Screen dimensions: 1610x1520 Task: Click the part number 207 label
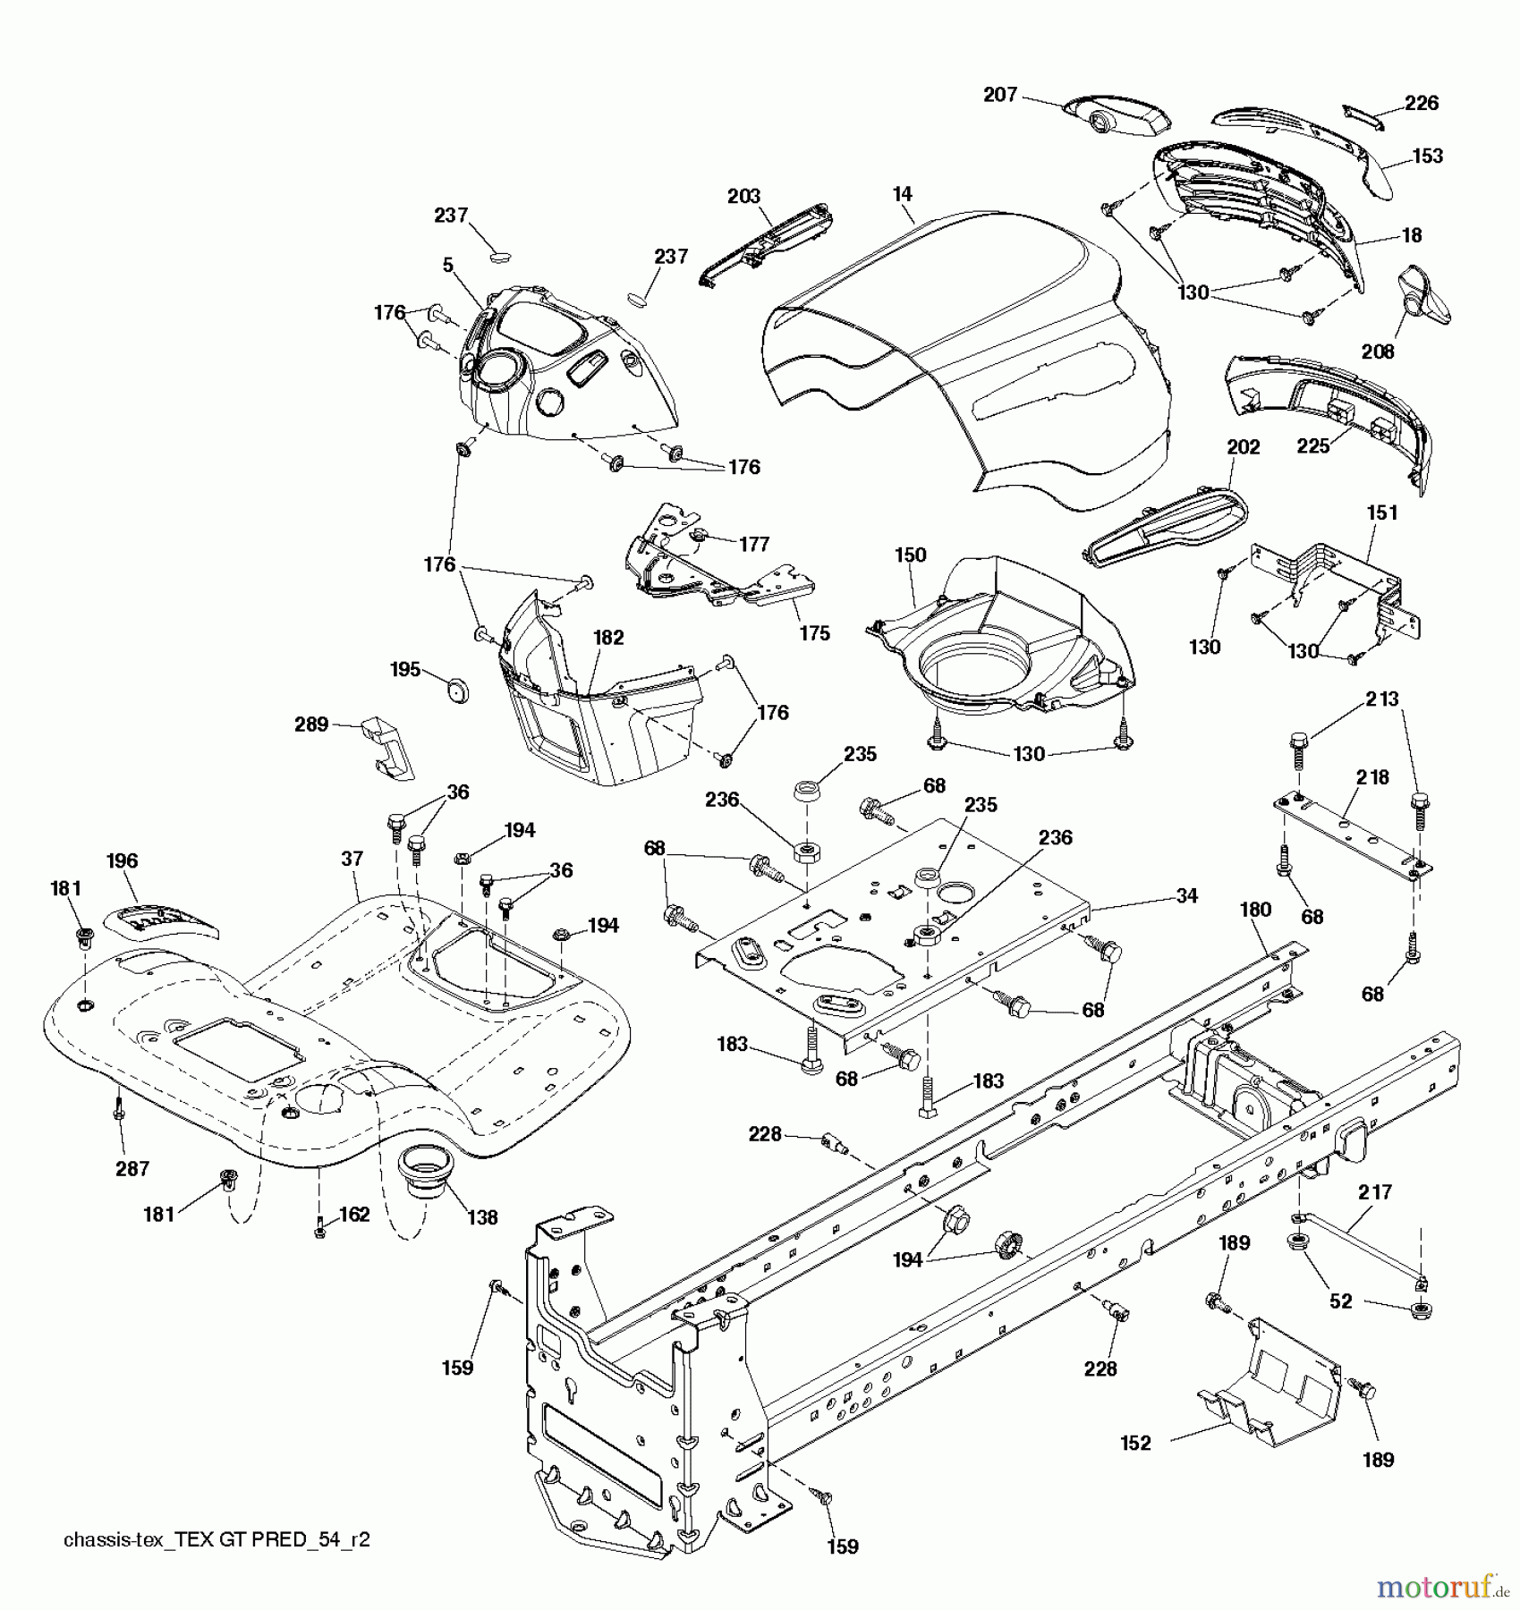point(1000,94)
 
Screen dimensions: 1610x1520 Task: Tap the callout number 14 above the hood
point(902,194)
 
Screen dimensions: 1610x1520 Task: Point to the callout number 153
point(1427,156)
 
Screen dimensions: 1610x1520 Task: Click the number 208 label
point(1378,352)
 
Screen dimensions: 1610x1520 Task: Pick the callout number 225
point(1313,445)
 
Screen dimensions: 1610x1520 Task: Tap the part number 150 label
point(910,555)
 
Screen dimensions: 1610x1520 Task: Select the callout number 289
point(311,724)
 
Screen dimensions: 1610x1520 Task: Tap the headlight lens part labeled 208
point(1422,294)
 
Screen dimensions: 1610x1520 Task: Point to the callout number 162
point(354,1216)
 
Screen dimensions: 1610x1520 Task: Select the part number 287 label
point(132,1168)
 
